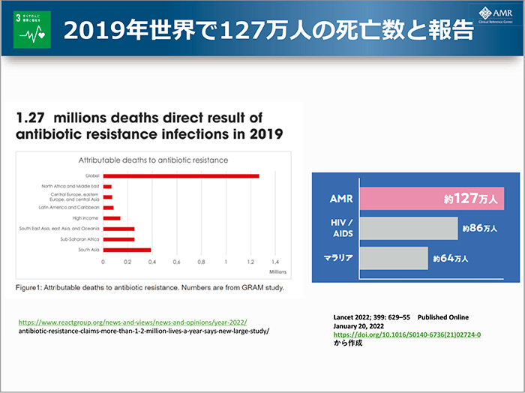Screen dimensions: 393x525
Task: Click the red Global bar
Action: tap(181, 175)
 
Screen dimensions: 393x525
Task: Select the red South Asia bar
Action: tap(127, 250)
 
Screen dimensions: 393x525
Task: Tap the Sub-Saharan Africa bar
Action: tap(118, 239)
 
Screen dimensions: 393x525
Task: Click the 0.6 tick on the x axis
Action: tap(177, 262)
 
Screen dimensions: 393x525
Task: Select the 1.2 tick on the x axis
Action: tap(251, 262)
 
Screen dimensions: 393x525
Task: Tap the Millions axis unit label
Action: tap(277, 271)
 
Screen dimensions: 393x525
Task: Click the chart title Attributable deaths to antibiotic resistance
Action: tap(154, 160)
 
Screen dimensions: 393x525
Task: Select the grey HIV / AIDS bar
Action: tap(409, 228)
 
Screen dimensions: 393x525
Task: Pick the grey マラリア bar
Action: tap(394, 258)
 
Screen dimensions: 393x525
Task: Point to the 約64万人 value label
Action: tap(450, 258)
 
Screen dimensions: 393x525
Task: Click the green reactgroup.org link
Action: tap(131, 321)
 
